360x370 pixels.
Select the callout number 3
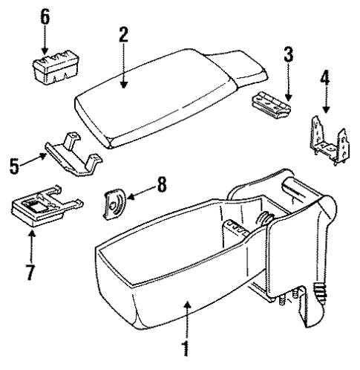point(288,55)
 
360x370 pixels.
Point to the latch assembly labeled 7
point(37,209)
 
